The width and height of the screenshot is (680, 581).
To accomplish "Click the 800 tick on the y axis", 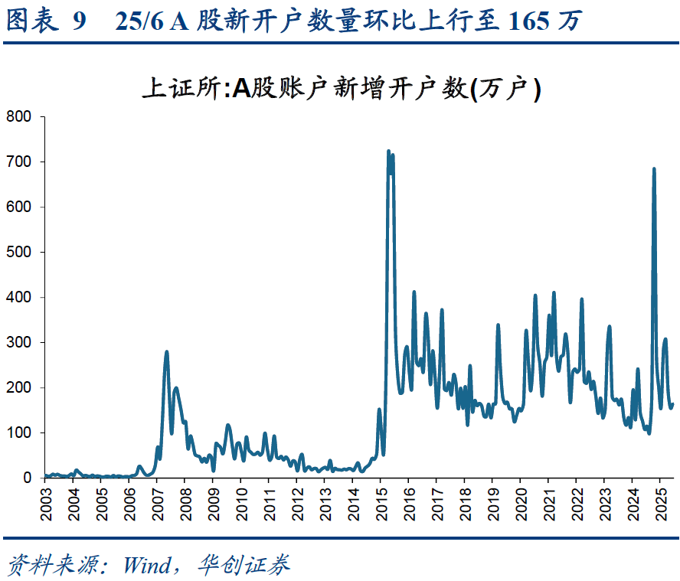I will pyautogui.click(x=18, y=117).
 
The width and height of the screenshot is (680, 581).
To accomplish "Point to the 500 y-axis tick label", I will pyautogui.click(x=18, y=253).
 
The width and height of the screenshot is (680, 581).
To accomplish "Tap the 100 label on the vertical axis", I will pyautogui.click(x=18, y=433).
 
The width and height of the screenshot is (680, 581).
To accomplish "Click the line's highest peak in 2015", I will pyautogui.click(x=388, y=152).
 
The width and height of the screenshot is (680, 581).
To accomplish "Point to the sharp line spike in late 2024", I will pyautogui.click(x=654, y=169).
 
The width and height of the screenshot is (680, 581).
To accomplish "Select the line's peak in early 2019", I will pyautogui.click(x=498, y=325).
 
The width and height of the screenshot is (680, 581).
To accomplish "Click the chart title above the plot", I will pyautogui.click(x=342, y=90).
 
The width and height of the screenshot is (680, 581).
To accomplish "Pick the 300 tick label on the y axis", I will pyautogui.click(x=18, y=343).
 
